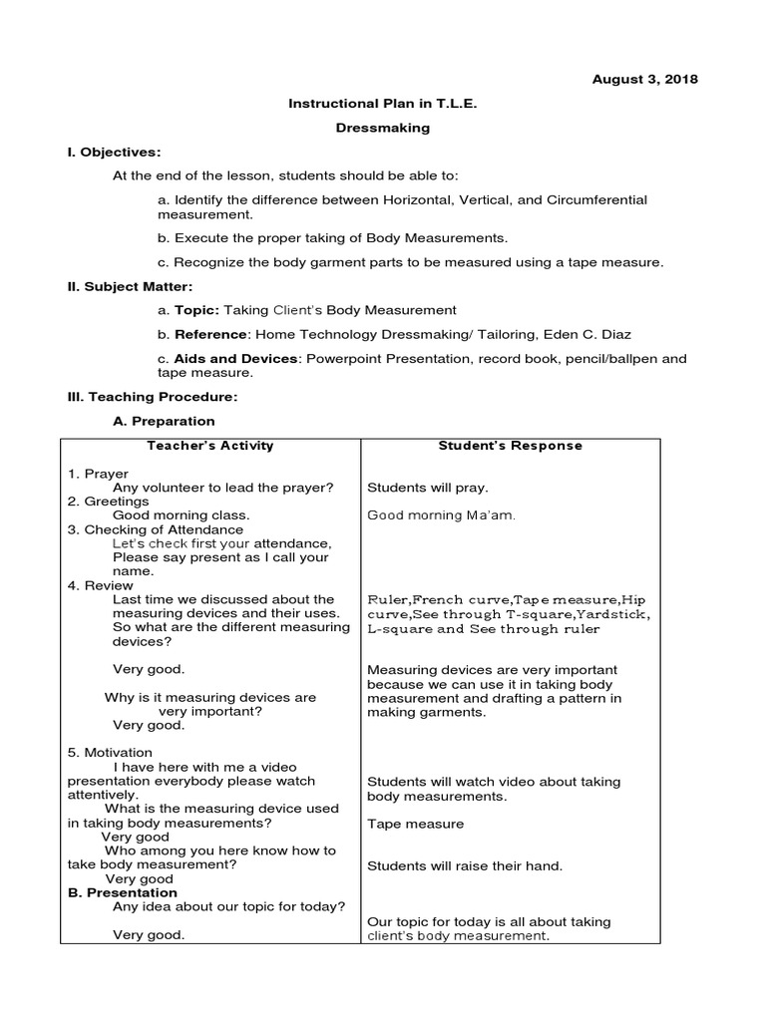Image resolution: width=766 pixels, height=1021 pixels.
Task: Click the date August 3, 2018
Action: click(x=645, y=79)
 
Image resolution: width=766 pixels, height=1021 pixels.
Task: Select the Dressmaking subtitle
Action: click(x=382, y=128)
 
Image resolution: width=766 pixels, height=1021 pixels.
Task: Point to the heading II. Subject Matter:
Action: click(x=130, y=286)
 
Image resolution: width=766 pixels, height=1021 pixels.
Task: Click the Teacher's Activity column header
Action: click(x=209, y=446)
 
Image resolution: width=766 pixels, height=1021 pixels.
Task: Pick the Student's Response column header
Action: click(x=510, y=446)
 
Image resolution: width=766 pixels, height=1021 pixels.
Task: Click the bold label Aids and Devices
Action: click(x=234, y=358)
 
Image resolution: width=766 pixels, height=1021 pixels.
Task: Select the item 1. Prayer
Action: click(x=99, y=474)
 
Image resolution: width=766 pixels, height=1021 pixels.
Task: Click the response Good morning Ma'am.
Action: click(x=441, y=515)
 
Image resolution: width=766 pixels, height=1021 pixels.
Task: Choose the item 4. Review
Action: click(x=100, y=585)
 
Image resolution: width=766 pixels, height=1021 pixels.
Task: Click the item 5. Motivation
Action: click(x=110, y=752)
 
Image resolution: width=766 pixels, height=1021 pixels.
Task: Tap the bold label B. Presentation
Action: click(x=122, y=892)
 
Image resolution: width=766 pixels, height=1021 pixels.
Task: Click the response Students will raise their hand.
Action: click(x=465, y=865)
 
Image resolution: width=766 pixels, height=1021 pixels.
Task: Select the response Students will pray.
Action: click(x=428, y=488)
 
